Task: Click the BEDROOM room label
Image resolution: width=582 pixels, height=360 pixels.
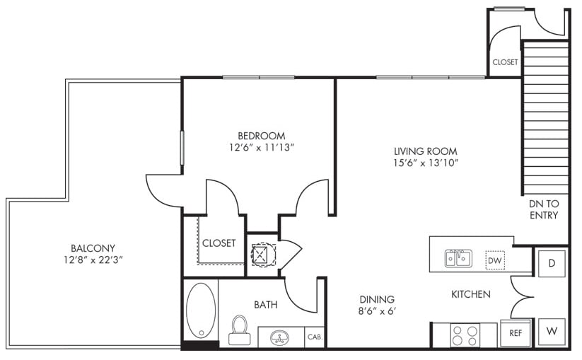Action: click(262, 136)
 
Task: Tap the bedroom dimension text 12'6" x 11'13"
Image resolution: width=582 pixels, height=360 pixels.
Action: click(262, 148)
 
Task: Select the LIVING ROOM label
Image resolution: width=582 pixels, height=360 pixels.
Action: click(426, 151)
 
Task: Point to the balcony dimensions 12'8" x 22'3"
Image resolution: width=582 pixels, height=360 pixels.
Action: click(93, 260)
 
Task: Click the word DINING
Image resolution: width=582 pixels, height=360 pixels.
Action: click(377, 299)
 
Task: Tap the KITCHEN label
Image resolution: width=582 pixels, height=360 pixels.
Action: click(471, 294)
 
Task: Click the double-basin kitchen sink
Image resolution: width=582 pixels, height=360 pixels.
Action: click(458, 258)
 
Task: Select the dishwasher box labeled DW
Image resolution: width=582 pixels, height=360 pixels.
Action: click(495, 260)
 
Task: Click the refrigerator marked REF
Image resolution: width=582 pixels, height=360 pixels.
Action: click(516, 333)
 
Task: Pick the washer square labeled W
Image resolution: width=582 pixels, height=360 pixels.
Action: click(552, 332)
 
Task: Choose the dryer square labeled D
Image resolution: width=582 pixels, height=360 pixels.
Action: click(552, 264)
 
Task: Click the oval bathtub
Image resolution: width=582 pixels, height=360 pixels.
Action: click(201, 310)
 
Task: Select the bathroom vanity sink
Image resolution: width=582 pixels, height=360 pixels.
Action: click(278, 338)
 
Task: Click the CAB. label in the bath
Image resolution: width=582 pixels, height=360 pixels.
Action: click(315, 337)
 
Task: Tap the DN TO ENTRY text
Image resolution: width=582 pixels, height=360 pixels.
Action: click(544, 209)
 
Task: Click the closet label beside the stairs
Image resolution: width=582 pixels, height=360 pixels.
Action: click(505, 62)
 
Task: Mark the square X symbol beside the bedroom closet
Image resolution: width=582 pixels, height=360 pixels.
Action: click(259, 254)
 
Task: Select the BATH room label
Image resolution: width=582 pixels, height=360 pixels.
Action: click(265, 305)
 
